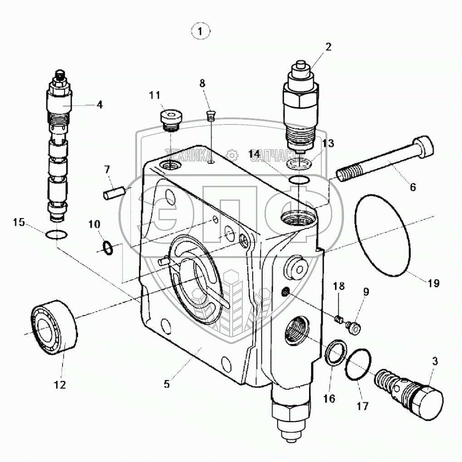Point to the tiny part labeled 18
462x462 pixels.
click(338, 320)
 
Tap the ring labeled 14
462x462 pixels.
click(299, 180)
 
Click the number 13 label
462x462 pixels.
click(328, 144)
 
